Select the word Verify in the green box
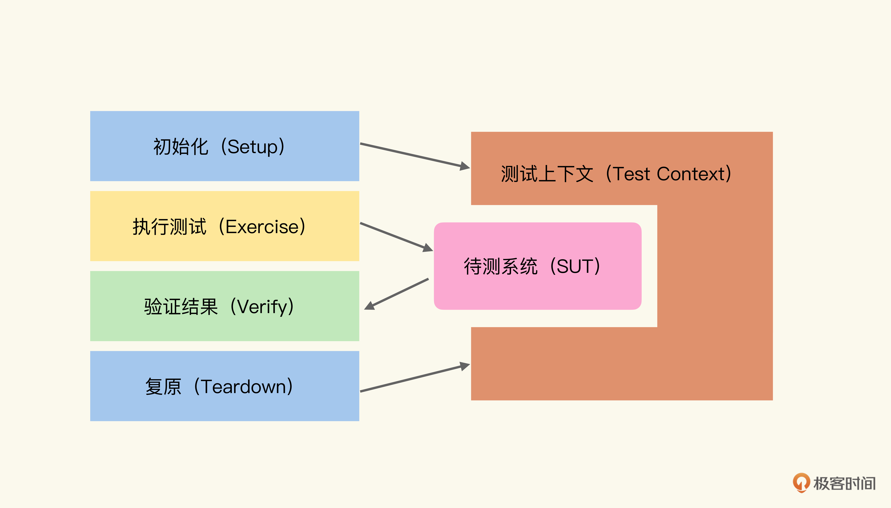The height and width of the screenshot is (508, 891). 262,307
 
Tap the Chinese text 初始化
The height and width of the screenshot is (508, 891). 181,147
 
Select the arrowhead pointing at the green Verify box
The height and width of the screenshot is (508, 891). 369,306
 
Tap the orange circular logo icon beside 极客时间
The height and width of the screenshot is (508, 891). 801,483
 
